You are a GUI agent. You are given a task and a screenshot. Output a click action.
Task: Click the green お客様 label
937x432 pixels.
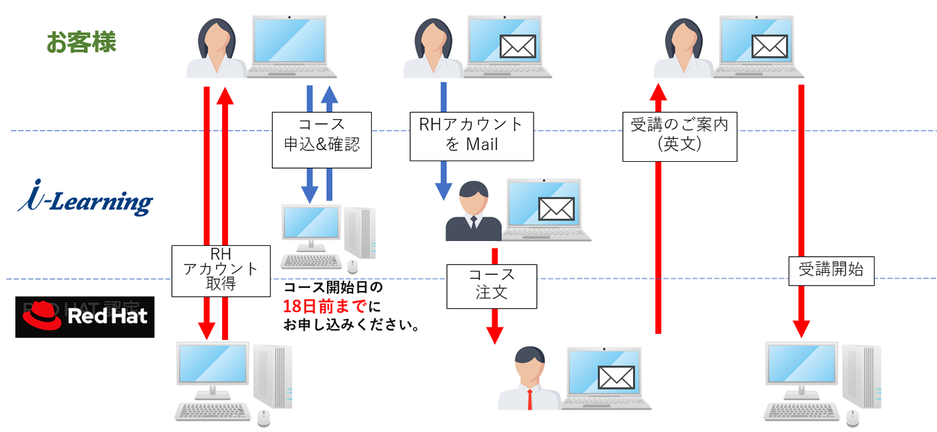point(81,42)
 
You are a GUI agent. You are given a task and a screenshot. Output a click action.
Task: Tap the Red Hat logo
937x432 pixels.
point(85,316)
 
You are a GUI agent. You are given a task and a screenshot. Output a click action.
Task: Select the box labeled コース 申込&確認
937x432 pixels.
point(322,140)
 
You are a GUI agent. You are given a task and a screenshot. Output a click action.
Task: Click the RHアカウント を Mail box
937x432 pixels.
point(471,136)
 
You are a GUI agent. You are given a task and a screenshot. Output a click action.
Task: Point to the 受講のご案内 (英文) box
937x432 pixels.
point(679,137)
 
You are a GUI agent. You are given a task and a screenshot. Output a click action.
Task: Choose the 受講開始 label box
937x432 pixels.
point(831,269)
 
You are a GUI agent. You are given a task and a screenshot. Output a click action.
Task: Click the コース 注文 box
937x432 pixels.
point(492,286)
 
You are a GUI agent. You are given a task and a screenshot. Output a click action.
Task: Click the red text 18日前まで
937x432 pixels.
point(324,306)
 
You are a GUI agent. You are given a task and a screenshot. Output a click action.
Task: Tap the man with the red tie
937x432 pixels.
point(529,378)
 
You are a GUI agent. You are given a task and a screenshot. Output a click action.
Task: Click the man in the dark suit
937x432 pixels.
point(473,211)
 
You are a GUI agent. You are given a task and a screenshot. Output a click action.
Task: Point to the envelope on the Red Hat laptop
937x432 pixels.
point(615,378)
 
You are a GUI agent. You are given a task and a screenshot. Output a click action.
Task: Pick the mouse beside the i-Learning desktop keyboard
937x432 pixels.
point(350,265)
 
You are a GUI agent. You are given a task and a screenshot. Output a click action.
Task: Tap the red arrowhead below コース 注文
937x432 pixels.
point(495,334)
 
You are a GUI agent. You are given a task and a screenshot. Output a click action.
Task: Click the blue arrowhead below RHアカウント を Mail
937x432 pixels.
point(443,190)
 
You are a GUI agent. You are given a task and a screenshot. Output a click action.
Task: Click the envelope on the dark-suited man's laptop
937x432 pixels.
point(556,209)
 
